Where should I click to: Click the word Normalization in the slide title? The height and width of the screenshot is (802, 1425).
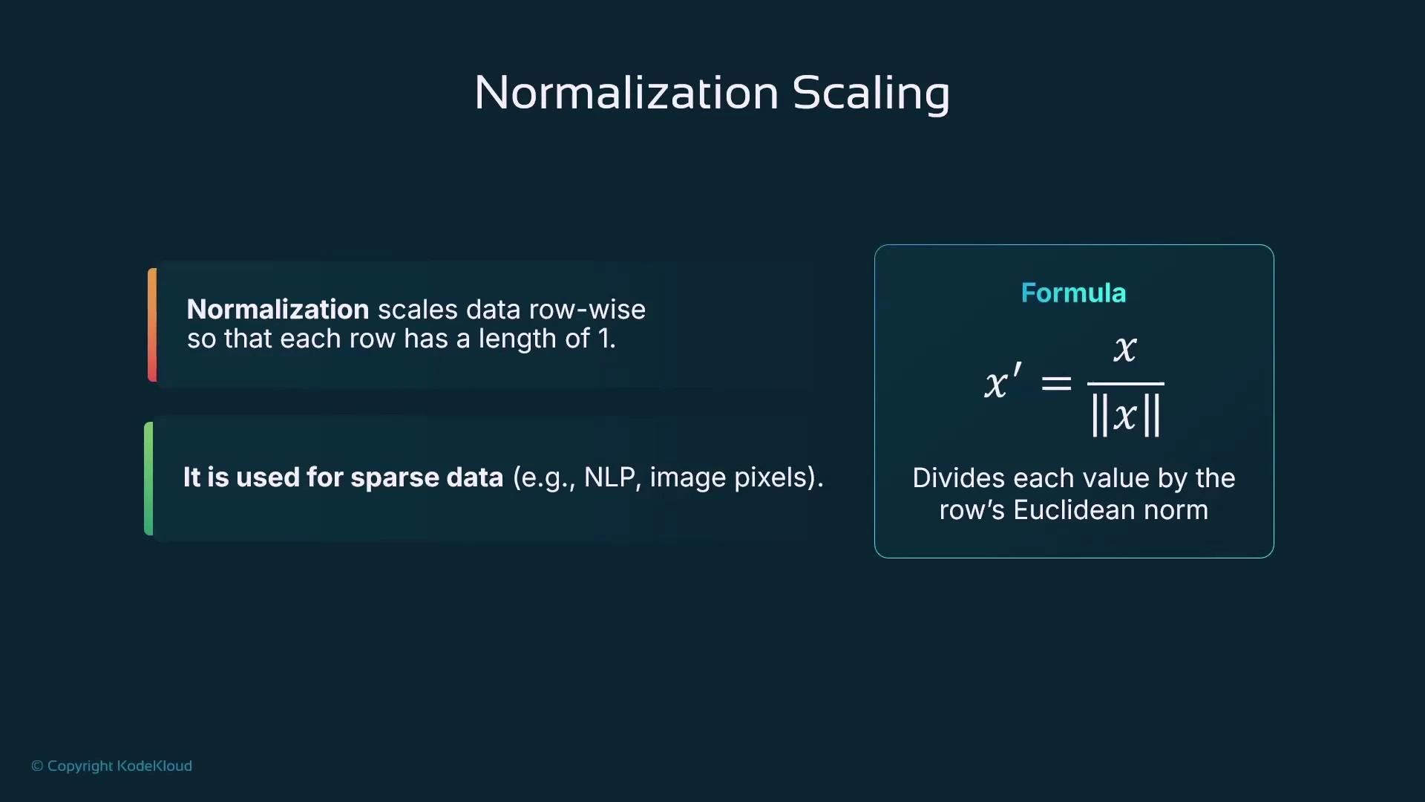[626, 93]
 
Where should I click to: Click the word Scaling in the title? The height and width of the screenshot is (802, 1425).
[871, 94]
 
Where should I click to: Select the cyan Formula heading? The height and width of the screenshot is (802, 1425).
[1073, 293]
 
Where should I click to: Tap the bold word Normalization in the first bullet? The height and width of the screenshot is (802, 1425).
[278, 309]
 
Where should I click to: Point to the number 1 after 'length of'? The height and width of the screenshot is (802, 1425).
[605, 339]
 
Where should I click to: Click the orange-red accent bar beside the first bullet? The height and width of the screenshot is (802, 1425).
[152, 325]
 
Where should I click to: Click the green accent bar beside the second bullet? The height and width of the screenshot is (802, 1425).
[148, 478]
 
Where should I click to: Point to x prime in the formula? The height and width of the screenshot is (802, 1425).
[1002, 382]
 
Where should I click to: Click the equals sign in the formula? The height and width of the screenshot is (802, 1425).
[1056, 383]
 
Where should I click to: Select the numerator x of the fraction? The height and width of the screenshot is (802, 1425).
[1125, 348]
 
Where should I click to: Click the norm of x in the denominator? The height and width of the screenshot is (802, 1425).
[1125, 415]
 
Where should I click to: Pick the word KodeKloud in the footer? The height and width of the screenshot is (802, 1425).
[154, 766]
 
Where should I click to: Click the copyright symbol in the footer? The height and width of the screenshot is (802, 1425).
[37, 766]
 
